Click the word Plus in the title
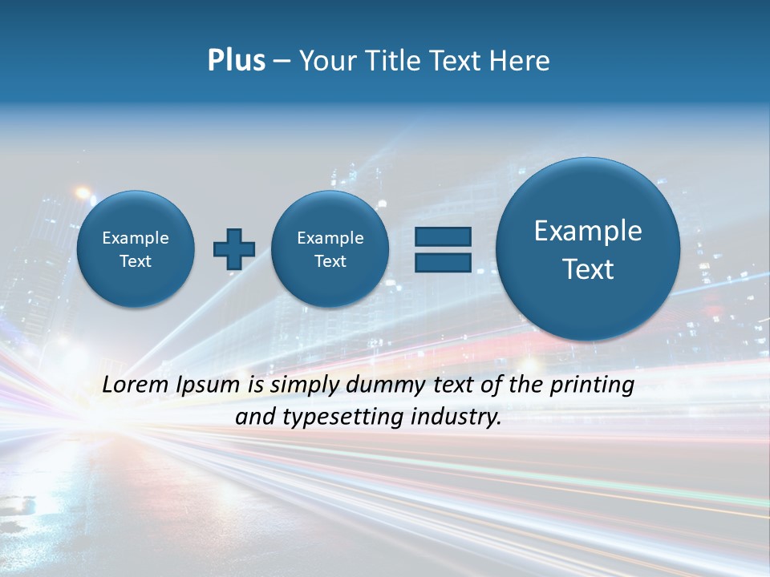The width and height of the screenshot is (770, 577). point(236,61)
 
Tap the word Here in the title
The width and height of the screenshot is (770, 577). point(521,61)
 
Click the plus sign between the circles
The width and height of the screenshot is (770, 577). point(234,249)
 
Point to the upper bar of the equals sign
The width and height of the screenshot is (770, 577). point(443,237)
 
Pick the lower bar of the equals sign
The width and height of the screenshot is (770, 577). point(443,262)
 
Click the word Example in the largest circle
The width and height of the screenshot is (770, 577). point(588,231)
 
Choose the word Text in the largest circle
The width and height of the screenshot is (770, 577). point(588,269)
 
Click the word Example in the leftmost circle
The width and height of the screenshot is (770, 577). point(136,238)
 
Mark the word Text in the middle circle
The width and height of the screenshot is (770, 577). point(330,261)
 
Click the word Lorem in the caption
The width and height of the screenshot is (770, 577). point(136,385)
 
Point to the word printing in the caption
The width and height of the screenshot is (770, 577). point(591,385)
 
